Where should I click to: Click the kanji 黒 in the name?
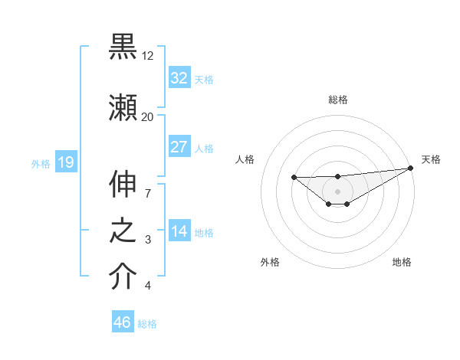123,47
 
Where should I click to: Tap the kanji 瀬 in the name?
123,106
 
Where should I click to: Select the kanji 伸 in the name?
123,185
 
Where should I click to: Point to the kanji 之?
123,231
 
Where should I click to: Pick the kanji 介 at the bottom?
123,277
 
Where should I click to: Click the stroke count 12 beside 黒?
147,56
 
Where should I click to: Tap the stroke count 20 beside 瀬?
147,116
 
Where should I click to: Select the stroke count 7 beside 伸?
147,185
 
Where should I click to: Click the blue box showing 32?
179,77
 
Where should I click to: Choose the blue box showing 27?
179,146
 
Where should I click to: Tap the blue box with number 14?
179,231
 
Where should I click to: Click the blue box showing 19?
65,162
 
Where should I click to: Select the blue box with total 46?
123,322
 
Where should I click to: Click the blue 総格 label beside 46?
147,324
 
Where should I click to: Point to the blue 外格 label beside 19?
41,163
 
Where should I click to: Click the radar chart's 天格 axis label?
431,159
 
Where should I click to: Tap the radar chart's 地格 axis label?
402,262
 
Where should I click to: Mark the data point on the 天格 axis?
411,168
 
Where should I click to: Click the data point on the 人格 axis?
294,178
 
